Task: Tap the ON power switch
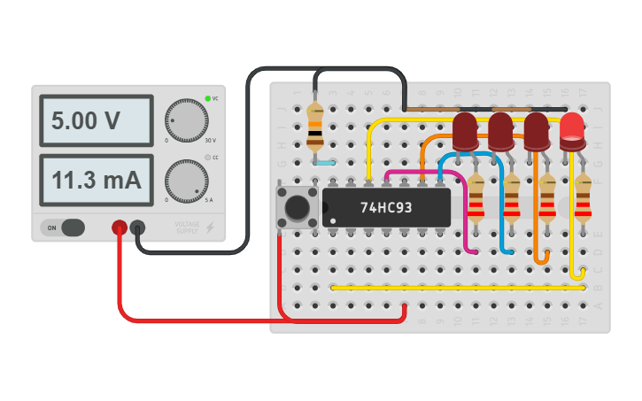63,227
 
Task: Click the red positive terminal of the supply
119,227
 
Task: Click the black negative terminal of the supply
137,227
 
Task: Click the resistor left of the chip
314,126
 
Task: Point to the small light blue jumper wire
324,164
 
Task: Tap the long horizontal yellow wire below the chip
457,288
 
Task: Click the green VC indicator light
207,97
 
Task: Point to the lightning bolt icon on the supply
210,228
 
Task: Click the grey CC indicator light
207,158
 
